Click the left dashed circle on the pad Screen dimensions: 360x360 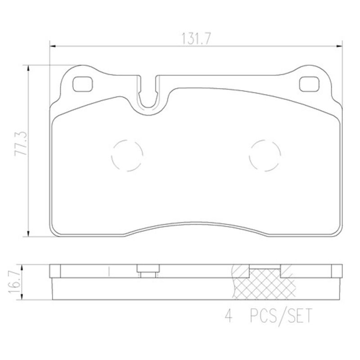[x=126, y=155]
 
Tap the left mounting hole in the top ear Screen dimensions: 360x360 [x=82, y=83]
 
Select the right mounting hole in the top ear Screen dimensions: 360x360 [x=308, y=83]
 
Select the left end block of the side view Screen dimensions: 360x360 [x=54, y=271]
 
